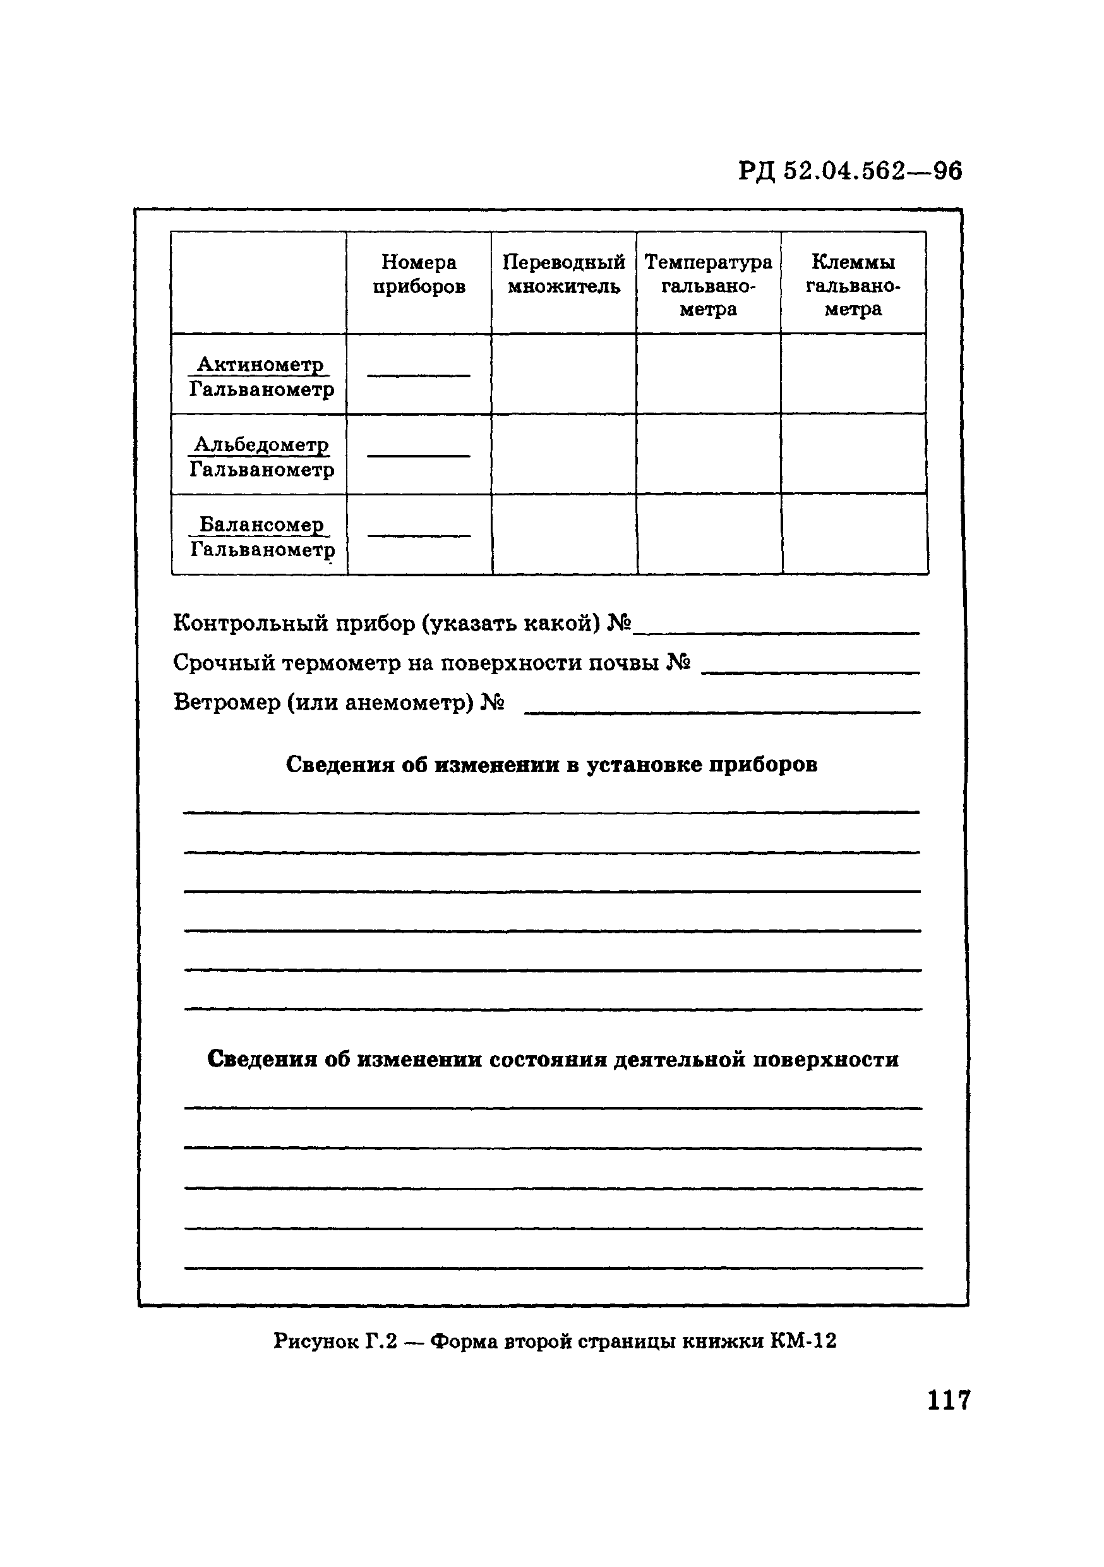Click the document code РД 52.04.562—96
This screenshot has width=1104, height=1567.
tap(849, 171)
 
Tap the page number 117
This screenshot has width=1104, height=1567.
tap(949, 1400)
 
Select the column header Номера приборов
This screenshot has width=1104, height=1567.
tap(418, 274)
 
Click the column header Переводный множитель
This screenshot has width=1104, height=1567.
tap(563, 274)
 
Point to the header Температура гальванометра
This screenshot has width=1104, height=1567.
tap(708, 285)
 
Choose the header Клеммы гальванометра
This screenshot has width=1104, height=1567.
tap(853, 285)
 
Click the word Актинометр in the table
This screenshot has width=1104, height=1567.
tap(260, 365)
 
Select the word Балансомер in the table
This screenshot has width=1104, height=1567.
tap(261, 524)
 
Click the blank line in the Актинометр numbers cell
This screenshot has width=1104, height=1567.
tap(418, 375)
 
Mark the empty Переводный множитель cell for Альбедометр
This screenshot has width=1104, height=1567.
tap(563, 454)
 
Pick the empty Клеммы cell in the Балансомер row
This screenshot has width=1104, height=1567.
tap(855, 535)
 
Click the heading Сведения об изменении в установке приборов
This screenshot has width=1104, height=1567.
tap(551, 765)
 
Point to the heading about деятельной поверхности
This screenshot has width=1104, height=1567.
tap(553, 1059)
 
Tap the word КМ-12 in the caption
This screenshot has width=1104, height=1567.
tap(803, 1341)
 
